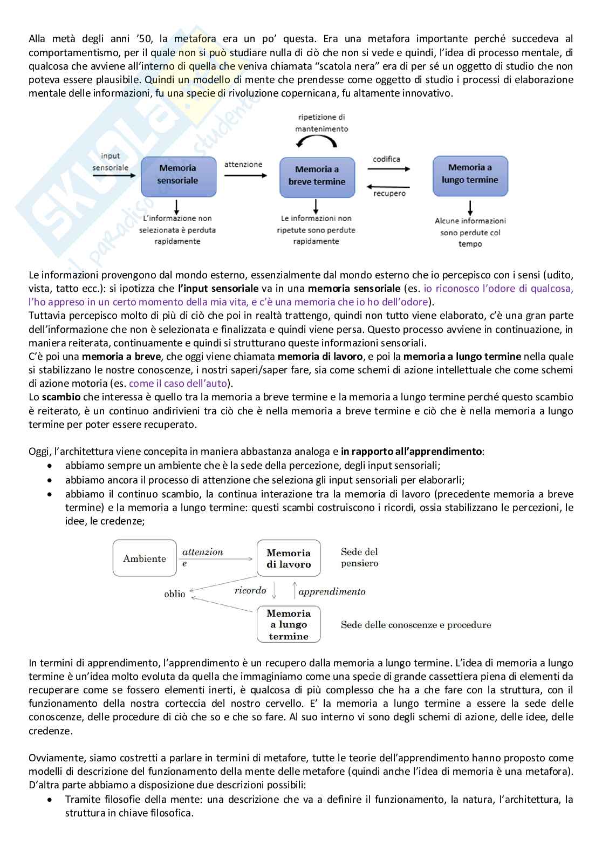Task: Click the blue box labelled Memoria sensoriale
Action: pos(178,176)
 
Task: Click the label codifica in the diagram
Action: pos(386,159)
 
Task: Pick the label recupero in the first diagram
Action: pos(389,194)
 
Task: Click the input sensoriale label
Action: pos(110,162)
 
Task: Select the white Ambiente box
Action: pos(145,558)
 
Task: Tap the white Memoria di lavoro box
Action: pos(289,558)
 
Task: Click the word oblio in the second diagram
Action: pos(174,594)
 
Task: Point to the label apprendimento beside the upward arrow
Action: pos(332,592)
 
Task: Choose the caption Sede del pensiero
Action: pos(359,557)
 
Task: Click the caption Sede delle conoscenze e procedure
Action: pos(415,625)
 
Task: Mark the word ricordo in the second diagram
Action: pos(250,590)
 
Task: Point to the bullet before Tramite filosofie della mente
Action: pos(50,799)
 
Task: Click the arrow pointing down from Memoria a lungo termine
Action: pos(470,208)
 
